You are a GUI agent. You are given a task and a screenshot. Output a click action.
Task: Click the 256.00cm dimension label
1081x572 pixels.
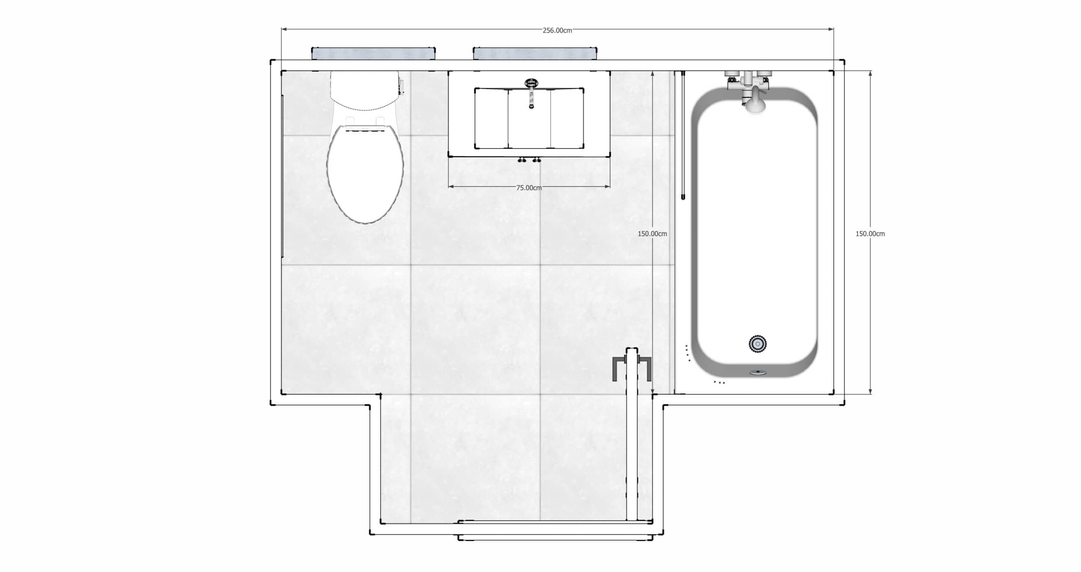[x=557, y=30]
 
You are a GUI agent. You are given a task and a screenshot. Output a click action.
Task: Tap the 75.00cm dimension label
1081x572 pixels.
[x=528, y=188]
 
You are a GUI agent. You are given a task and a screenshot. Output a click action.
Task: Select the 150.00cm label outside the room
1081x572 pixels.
[x=870, y=233]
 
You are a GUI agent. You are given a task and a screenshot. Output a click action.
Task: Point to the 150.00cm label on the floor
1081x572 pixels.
[x=652, y=233]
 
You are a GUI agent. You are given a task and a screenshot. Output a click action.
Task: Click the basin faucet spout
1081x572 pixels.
[x=531, y=97]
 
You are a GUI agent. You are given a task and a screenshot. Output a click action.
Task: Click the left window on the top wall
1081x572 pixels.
[x=373, y=54]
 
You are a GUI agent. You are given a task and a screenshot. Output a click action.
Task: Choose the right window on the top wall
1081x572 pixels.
[x=535, y=54]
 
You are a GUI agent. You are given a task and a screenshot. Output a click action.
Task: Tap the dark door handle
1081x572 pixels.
[x=632, y=367]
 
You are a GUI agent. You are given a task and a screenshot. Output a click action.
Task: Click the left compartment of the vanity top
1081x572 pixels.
[x=491, y=118]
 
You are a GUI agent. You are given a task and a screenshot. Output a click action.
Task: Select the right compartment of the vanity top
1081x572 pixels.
[x=567, y=118]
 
